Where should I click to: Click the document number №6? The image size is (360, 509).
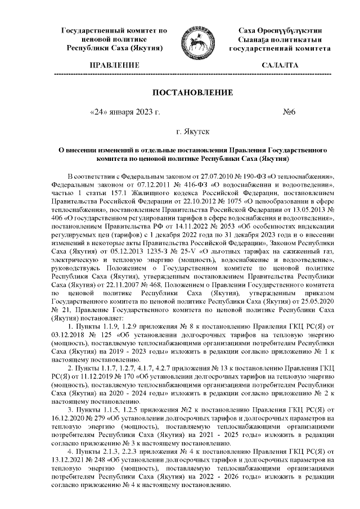[290, 112]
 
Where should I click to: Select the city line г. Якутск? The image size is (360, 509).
[193, 133]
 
